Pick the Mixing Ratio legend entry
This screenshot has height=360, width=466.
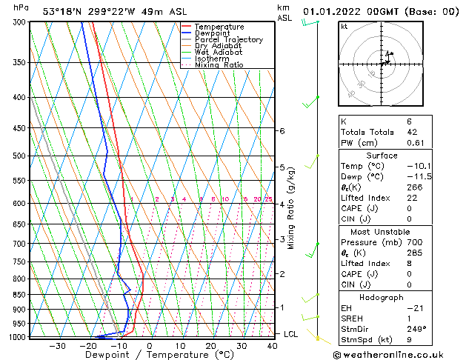(219, 65)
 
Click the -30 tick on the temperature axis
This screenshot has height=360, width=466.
(57, 346)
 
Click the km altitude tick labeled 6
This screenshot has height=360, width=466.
(282, 131)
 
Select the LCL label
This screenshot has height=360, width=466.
(291, 334)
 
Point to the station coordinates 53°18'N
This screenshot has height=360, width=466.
(61, 11)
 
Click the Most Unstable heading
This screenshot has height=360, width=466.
(380, 232)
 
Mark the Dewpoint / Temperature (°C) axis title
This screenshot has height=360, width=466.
(150, 356)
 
